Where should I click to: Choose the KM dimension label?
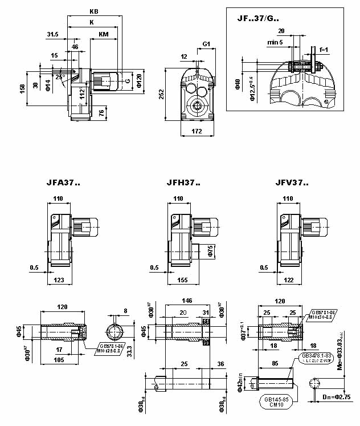point(104,34)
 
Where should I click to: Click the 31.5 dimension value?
point(52,34)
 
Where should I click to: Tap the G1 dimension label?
point(206,44)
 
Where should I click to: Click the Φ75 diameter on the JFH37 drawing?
point(210,251)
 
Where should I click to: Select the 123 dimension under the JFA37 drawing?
point(59,281)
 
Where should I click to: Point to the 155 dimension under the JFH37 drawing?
point(182,281)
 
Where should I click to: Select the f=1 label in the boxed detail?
point(324,50)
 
